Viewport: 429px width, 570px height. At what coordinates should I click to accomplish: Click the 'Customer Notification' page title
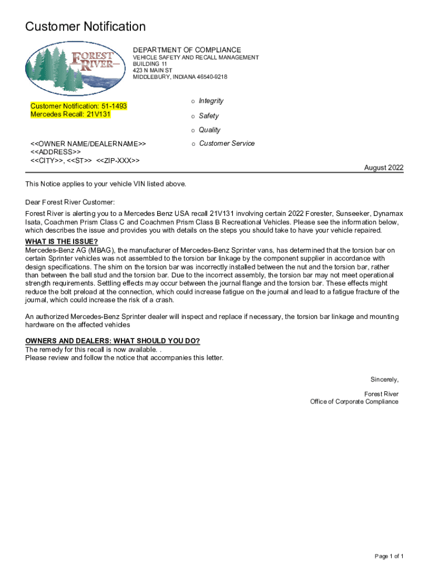point(85,27)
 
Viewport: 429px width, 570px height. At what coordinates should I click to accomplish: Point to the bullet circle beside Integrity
point(193,101)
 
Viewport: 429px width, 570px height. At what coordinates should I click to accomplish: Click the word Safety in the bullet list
point(209,116)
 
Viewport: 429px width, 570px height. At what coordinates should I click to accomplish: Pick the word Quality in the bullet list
point(209,130)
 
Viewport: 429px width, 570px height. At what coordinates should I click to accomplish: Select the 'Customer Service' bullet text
point(227,143)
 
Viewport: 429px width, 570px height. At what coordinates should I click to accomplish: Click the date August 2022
point(384,168)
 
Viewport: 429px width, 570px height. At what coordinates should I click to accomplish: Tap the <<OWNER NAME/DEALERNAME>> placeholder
point(88,144)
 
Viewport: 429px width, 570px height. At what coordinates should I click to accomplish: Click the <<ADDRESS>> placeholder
point(55,152)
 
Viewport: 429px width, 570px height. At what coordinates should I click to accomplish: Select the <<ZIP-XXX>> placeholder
point(118,160)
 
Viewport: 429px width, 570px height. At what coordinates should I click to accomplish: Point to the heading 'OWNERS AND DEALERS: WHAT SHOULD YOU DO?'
point(113,341)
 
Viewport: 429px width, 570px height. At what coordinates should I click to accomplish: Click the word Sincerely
point(385,380)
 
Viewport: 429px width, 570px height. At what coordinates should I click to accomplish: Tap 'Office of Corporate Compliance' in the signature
point(354,402)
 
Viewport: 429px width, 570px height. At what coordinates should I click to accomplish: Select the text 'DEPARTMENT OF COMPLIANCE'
point(187,50)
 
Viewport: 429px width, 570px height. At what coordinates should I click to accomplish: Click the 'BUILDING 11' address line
point(150,64)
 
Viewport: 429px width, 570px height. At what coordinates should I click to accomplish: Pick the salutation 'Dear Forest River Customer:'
point(70,202)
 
